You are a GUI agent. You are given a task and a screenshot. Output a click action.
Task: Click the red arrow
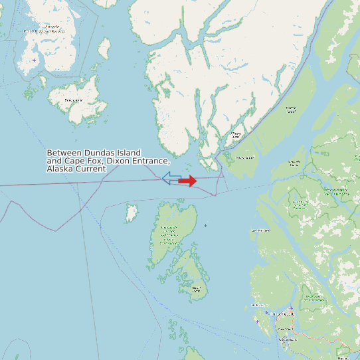[x=189, y=181]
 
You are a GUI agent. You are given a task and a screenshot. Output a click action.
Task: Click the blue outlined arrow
[x=171, y=177]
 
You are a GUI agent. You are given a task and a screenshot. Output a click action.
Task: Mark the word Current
[x=90, y=169]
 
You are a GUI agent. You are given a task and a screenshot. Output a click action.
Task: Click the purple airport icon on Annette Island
[x=35, y=60]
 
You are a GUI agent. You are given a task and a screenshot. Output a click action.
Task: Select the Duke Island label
[x=74, y=100]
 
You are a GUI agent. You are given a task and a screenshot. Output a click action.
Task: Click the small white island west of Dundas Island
[x=132, y=213]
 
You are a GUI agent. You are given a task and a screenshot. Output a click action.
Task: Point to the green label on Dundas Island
[x=169, y=234]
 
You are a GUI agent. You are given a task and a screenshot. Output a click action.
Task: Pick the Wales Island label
[x=245, y=157]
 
